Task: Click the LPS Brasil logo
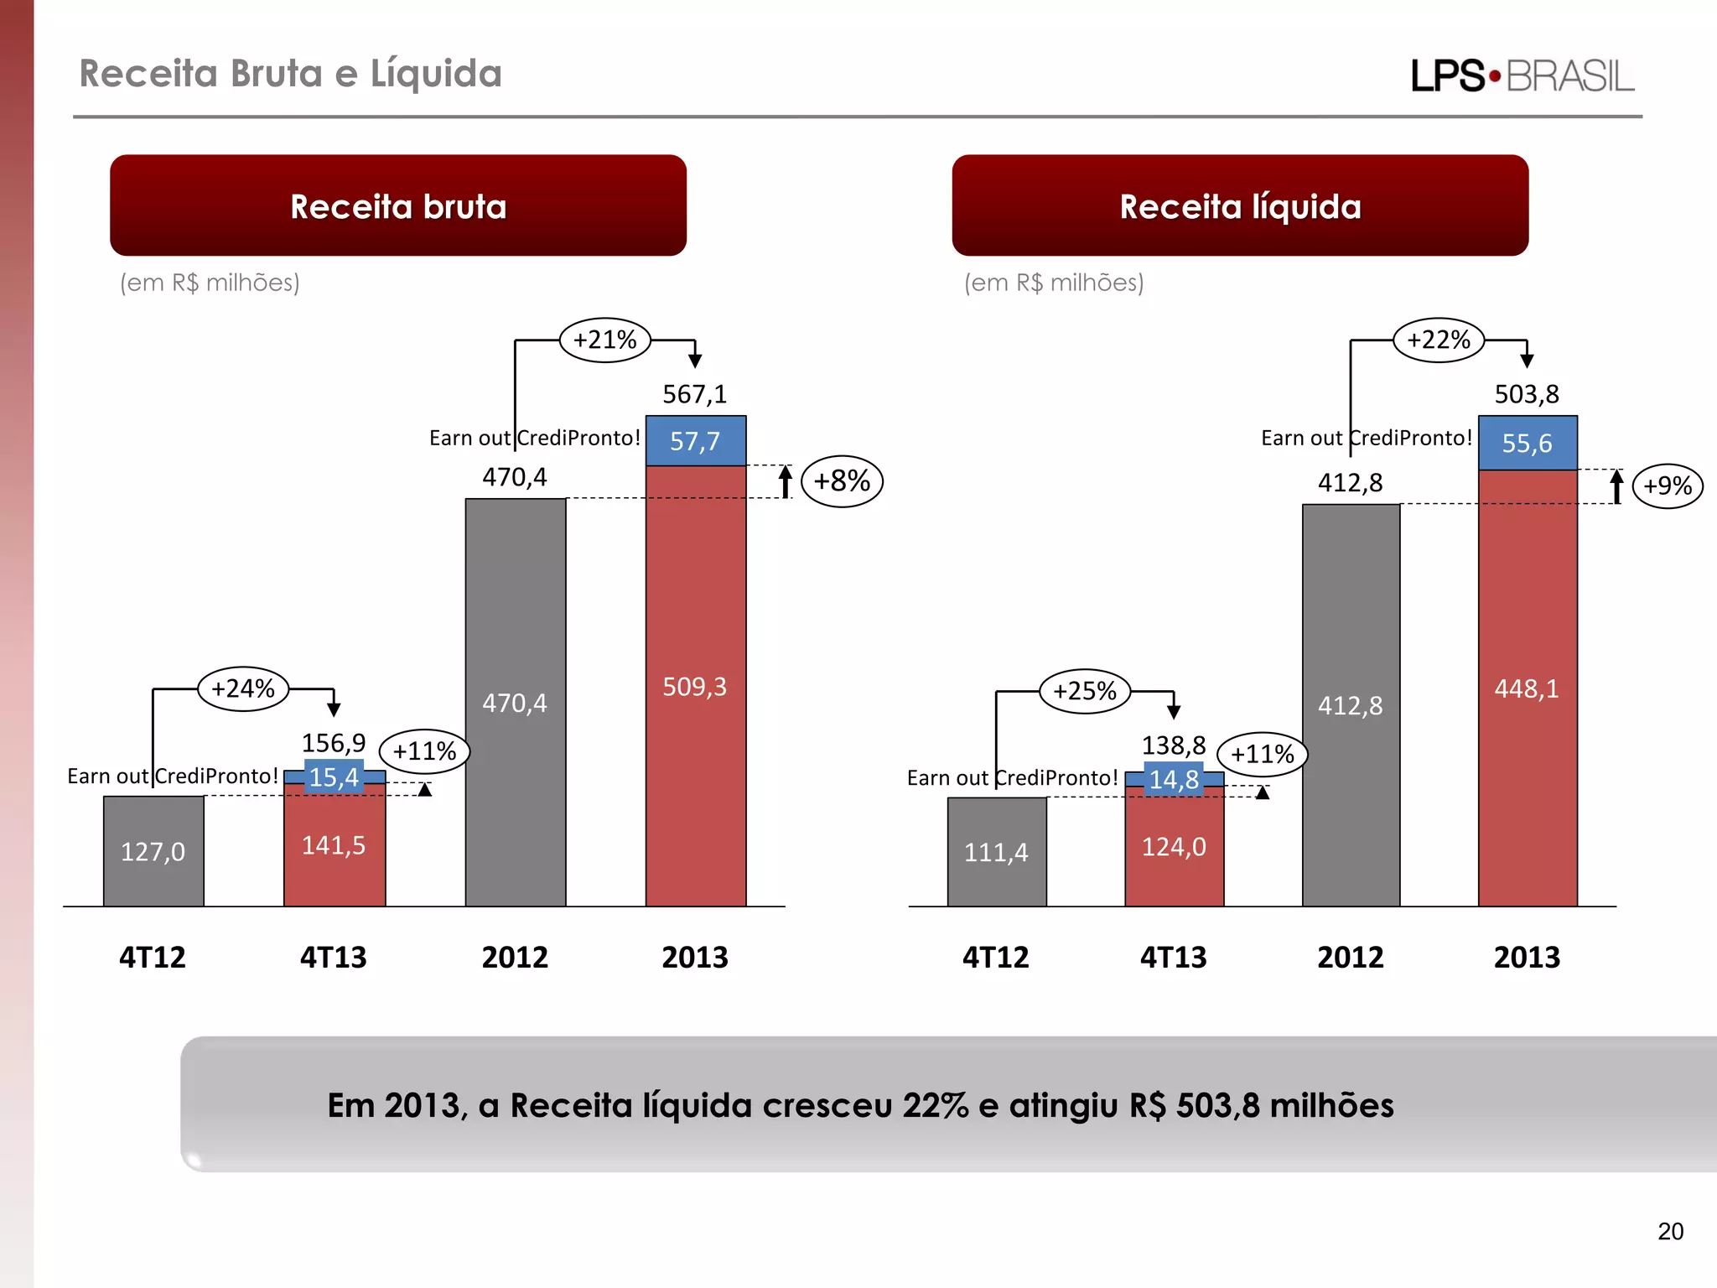pyautogui.click(x=1522, y=76)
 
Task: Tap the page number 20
pyautogui.click(x=1670, y=1231)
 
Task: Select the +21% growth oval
pyautogui.click(x=604, y=340)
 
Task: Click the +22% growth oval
pyautogui.click(x=1438, y=340)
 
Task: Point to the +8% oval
pyautogui.click(x=842, y=481)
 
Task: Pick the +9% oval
pyautogui.click(x=1667, y=486)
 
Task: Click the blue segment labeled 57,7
pyautogui.click(x=695, y=441)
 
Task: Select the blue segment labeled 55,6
pyautogui.click(x=1527, y=443)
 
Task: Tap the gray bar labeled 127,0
pyautogui.click(x=153, y=851)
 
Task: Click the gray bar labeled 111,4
pyautogui.click(x=996, y=852)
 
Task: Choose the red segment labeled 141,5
pyautogui.click(x=334, y=845)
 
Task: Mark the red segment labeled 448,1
pyautogui.click(x=1527, y=688)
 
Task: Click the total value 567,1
pyautogui.click(x=695, y=394)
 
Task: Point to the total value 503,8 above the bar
pyautogui.click(x=1527, y=394)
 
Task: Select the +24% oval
pyautogui.click(x=243, y=689)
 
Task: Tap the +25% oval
pyautogui.click(x=1085, y=692)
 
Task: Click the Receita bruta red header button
pyautogui.click(x=398, y=205)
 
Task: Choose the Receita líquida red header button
pyautogui.click(x=1240, y=205)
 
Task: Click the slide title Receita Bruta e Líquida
pyautogui.click(x=291, y=74)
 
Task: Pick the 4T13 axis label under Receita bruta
pyautogui.click(x=334, y=957)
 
